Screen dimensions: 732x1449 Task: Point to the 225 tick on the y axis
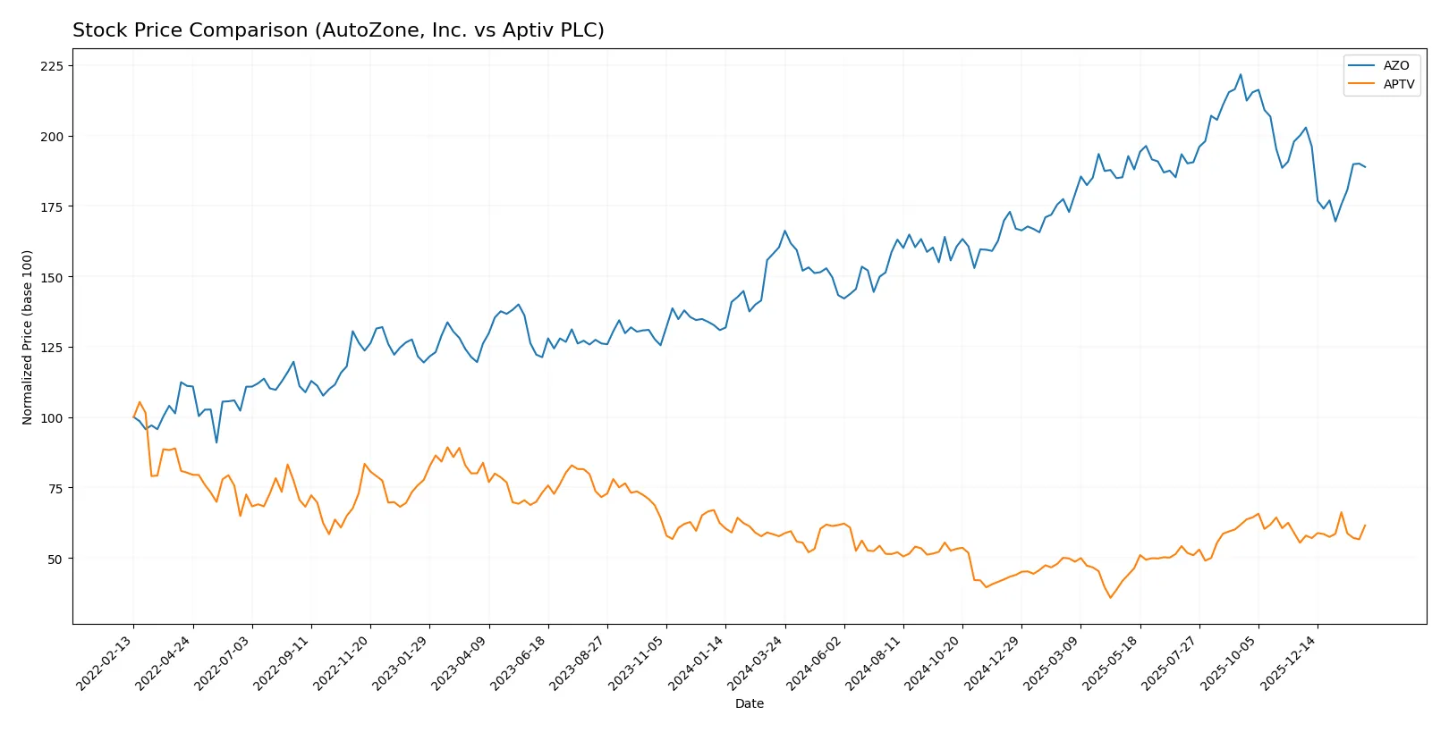[52, 66]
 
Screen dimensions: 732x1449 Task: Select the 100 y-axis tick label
[52, 418]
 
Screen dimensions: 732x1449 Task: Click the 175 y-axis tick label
[52, 206]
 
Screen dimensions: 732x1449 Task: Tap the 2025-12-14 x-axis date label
[1289, 662]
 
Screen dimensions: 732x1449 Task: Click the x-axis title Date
[750, 703]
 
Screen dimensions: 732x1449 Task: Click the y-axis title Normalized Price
[28, 337]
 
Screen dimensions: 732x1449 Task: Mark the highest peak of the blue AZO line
[1241, 74]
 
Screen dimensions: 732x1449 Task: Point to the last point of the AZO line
[1365, 167]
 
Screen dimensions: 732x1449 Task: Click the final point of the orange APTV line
[1365, 526]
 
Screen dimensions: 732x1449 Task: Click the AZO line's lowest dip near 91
[216, 442]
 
